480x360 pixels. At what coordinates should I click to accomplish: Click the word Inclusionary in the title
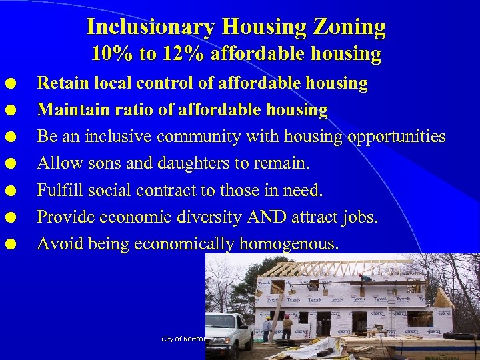click(149, 27)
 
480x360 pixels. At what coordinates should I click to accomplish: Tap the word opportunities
click(396, 137)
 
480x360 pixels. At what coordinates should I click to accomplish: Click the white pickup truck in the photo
click(228, 331)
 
